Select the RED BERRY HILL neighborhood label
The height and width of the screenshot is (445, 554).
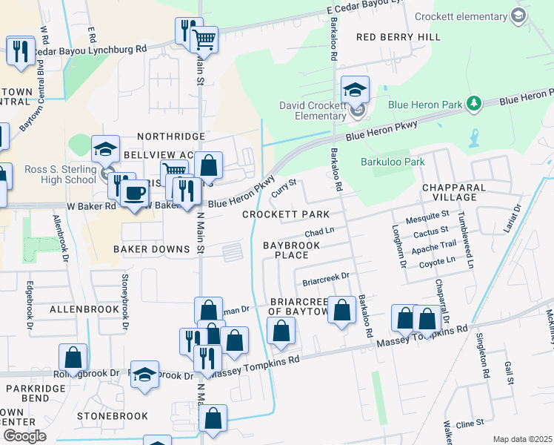click(x=398, y=36)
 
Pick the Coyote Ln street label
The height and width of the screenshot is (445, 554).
click(x=437, y=261)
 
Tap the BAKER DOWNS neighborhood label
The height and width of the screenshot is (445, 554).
click(x=151, y=249)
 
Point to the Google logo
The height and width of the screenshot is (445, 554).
click(x=24, y=436)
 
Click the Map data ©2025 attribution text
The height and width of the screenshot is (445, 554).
click(x=522, y=439)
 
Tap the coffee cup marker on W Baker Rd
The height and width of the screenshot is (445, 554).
click(x=133, y=194)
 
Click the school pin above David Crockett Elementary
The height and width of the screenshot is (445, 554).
click(x=355, y=91)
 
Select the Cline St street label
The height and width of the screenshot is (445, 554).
click(x=470, y=423)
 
